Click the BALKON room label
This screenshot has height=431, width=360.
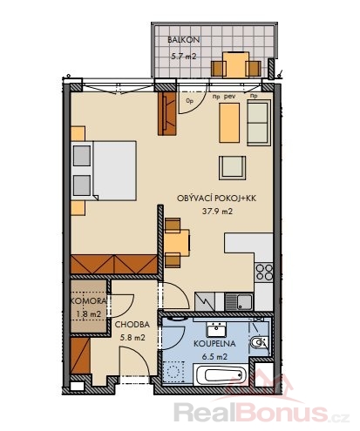point(184,40)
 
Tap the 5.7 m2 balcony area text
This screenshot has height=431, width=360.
point(184,56)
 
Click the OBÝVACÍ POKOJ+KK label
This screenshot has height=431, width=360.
point(216,199)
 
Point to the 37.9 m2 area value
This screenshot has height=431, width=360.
point(217,212)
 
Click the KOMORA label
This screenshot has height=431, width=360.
point(88,301)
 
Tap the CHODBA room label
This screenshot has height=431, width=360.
point(132,325)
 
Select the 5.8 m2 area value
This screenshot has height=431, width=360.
point(132,338)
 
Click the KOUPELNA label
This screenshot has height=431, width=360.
point(214,344)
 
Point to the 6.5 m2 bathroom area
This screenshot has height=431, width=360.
point(214,357)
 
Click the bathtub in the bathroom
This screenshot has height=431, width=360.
point(221,375)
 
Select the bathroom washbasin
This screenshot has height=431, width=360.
point(216,328)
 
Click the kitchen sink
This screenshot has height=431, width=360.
point(239,302)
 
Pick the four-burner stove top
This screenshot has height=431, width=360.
point(264,272)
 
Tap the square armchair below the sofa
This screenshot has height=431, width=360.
point(232,168)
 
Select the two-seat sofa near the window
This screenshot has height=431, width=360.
point(259,123)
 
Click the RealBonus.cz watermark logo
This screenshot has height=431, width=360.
point(262,412)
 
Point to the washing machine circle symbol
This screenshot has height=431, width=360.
point(173,372)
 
